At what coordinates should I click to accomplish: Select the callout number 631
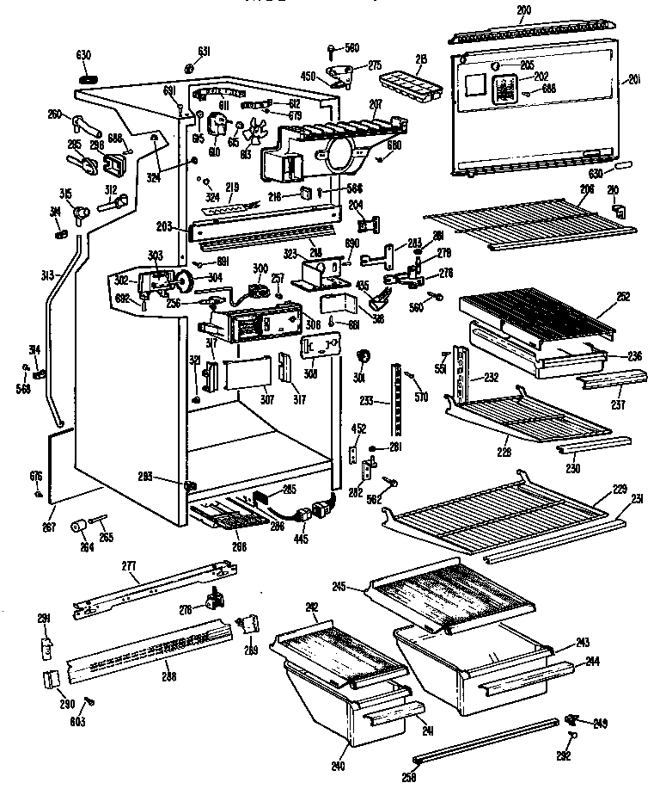pos(204,52)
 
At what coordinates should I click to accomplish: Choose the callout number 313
pos(48,275)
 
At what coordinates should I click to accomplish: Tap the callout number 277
pos(129,566)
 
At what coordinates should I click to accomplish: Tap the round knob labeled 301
pos(362,356)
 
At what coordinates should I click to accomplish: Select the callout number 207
pos(376,106)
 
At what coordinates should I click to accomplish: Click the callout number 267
pos(50,527)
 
